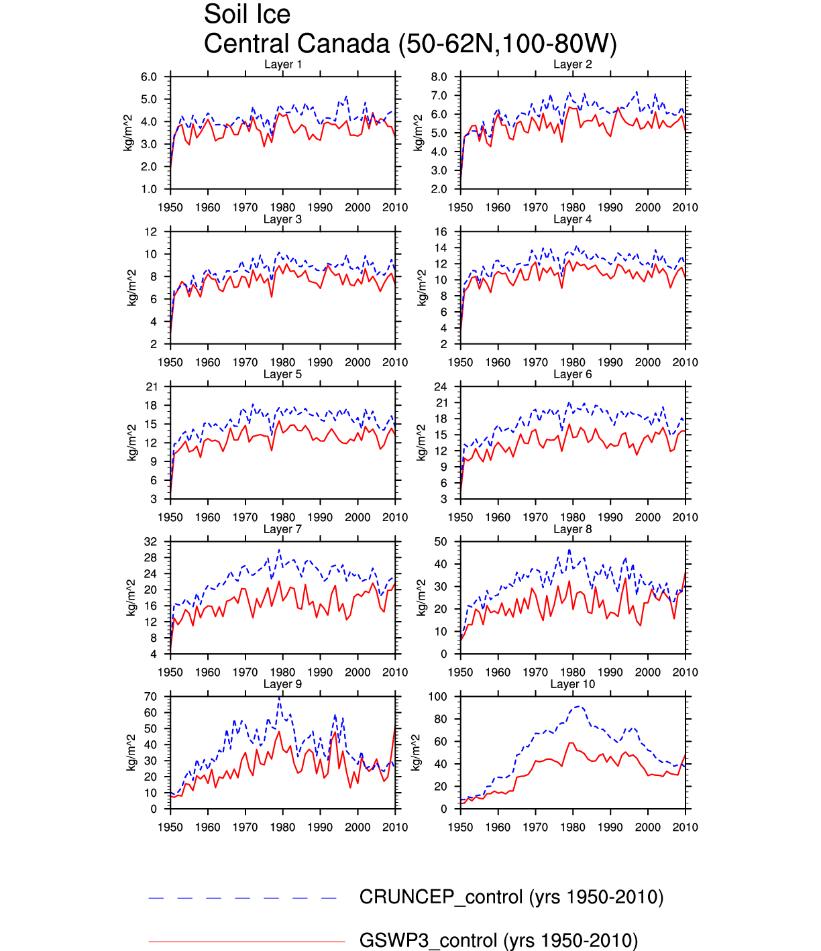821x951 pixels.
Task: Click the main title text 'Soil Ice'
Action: pos(247,15)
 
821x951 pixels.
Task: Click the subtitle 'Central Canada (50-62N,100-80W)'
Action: pos(410,44)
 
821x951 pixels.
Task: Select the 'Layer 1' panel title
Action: pos(282,64)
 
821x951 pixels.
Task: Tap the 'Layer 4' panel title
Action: pos(572,219)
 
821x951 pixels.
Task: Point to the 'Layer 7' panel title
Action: pos(282,529)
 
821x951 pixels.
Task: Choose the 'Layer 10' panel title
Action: pos(572,684)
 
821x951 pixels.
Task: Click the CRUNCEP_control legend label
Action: pos(511,897)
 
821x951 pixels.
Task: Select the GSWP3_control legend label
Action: pos(498,941)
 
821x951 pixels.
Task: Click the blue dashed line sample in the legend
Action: pos(243,897)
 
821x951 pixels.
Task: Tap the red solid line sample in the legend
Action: pos(246,942)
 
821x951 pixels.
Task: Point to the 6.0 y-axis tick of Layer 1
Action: pos(149,77)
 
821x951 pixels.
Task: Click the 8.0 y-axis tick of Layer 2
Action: pos(439,77)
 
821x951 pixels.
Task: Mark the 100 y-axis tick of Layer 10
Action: pos(437,697)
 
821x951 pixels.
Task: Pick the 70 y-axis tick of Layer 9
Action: pos(150,697)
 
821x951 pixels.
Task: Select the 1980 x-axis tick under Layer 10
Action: pos(572,828)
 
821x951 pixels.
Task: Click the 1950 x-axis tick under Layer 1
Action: pos(170,208)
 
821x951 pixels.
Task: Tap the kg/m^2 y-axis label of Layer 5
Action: pos(132,443)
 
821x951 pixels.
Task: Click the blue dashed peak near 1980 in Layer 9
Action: pos(279,699)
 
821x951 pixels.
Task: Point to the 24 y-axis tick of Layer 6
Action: pos(440,387)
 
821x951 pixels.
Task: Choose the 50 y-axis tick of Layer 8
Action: pos(440,542)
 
